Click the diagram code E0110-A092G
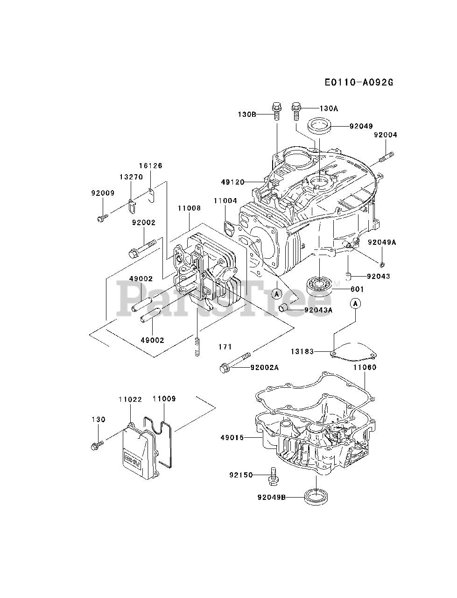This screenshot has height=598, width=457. tap(359, 82)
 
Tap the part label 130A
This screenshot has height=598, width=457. tap(329, 108)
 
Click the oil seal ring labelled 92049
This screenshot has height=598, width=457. tap(319, 126)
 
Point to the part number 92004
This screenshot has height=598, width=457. tap(385, 135)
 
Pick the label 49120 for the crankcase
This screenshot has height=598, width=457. tap(233, 182)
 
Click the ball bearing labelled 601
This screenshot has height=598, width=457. tap(319, 286)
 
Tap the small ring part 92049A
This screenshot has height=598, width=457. tap(382, 264)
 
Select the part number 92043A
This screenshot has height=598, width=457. tap(318, 310)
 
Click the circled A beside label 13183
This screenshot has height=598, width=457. tap(355, 303)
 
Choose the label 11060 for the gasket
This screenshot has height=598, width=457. tap(365, 367)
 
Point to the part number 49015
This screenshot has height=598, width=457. tap(232, 438)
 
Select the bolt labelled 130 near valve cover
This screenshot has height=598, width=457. tap(97, 445)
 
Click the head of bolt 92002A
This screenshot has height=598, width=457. tap(224, 369)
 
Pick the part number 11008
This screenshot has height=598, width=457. tap(189, 208)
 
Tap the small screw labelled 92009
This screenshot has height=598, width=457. tap(102, 218)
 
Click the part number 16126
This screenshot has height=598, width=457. tap(150, 166)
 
